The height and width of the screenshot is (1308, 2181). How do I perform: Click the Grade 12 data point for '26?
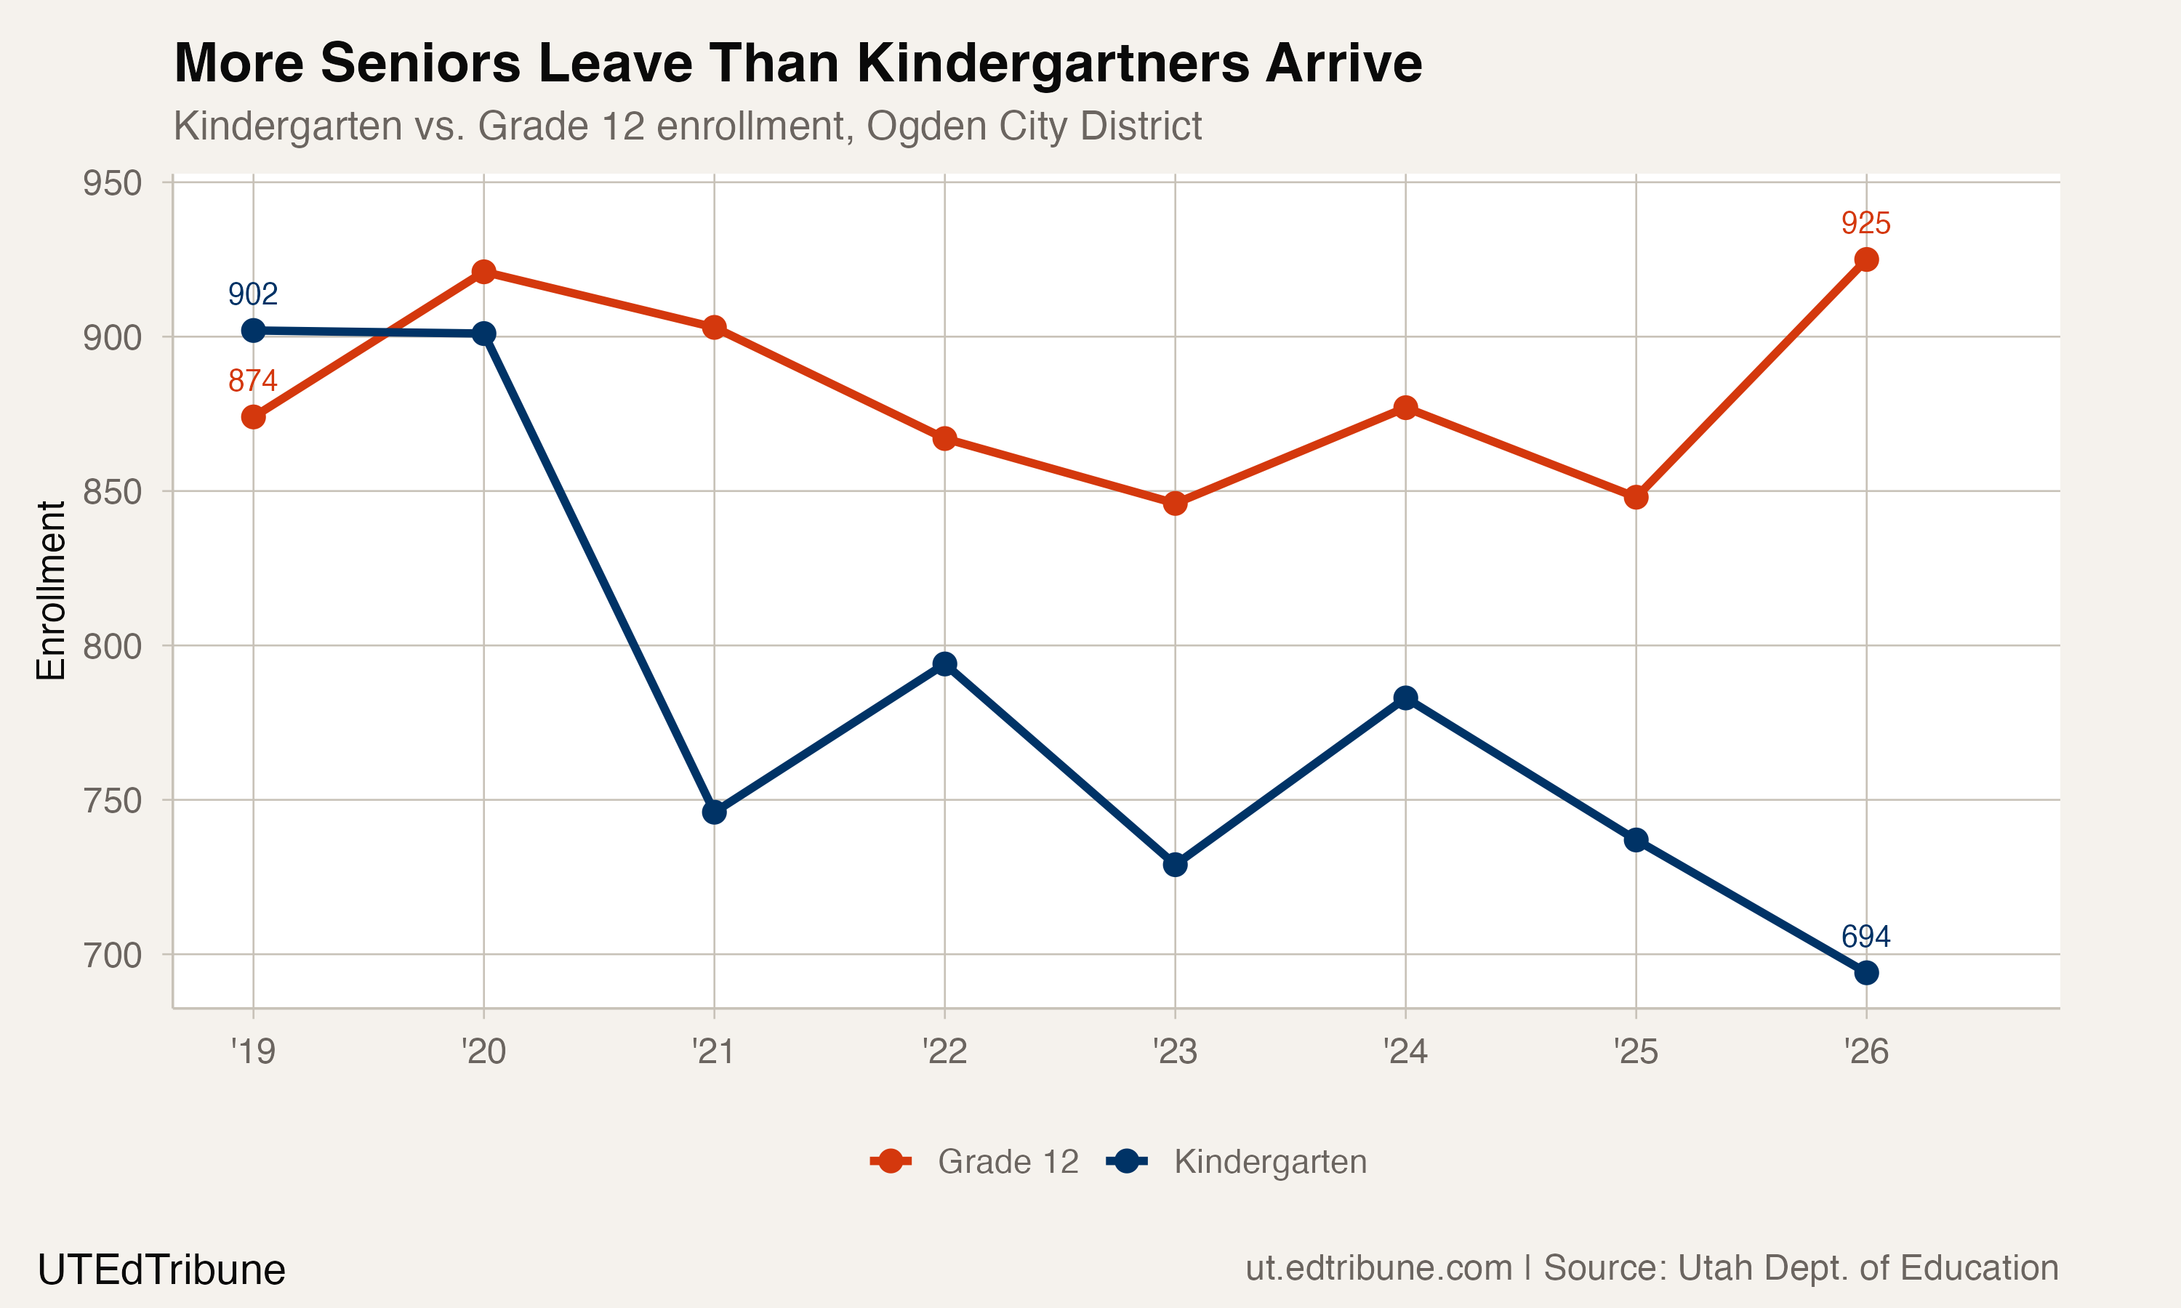click(1866, 259)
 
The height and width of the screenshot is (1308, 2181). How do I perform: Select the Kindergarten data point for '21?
click(714, 812)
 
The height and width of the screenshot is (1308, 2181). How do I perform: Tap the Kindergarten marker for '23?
click(1175, 865)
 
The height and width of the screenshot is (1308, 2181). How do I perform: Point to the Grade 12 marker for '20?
click(484, 272)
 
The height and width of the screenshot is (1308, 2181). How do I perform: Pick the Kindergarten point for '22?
click(945, 663)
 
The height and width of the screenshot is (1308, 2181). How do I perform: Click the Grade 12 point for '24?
click(1406, 407)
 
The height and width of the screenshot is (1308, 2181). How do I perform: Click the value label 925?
click(1865, 223)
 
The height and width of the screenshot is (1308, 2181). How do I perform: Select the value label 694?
click(1865, 936)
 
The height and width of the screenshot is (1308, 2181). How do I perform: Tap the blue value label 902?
click(253, 294)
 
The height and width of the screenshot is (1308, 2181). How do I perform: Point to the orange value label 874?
click(253, 381)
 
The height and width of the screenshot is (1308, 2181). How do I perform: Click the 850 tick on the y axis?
click(112, 492)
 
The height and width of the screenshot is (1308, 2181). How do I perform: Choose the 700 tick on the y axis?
click(112, 956)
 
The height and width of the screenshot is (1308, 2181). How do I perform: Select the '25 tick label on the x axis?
click(1635, 1051)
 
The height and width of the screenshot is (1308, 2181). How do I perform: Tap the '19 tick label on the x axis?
click(253, 1051)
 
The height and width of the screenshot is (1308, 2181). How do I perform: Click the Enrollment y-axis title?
click(51, 591)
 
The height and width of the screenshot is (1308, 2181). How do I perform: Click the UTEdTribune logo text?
click(161, 1270)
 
